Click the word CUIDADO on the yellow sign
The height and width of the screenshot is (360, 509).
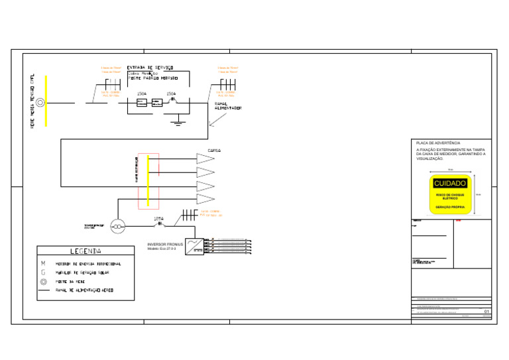(450, 183)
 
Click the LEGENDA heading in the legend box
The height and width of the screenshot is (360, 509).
(86, 251)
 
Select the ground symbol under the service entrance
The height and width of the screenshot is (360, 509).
(177, 122)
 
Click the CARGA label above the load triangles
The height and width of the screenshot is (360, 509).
(214, 150)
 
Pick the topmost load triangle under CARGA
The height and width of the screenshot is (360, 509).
(205, 158)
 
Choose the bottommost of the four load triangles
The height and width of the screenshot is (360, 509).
(205, 199)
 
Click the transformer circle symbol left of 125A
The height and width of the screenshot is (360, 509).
(117, 227)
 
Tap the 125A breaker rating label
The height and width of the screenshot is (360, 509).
(158, 218)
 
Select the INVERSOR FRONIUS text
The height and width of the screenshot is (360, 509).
(165, 245)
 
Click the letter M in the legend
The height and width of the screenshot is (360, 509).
(43, 263)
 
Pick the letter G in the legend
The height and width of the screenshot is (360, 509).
(43, 272)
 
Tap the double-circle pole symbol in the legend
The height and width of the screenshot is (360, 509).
(43, 282)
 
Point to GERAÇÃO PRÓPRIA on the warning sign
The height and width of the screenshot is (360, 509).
(450, 207)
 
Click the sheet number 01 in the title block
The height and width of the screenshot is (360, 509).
(487, 311)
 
